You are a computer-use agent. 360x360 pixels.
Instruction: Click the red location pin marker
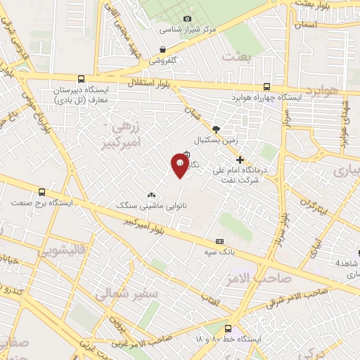(179, 166)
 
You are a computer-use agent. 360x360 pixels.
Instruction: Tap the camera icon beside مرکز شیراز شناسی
(187, 18)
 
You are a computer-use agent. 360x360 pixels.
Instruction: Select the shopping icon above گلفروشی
(163, 49)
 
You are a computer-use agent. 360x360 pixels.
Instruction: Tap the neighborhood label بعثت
(236, 56)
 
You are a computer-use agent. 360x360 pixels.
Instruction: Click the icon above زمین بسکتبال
(216, 129)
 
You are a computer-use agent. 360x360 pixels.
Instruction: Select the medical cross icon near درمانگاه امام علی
(240, 160)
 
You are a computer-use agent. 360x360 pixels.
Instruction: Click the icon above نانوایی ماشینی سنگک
(151, 195)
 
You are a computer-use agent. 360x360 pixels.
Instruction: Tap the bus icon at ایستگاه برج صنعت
(41, 191)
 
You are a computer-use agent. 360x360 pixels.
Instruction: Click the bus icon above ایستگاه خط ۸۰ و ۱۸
(228, 328)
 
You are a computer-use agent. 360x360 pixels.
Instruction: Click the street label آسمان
(307, 25)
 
